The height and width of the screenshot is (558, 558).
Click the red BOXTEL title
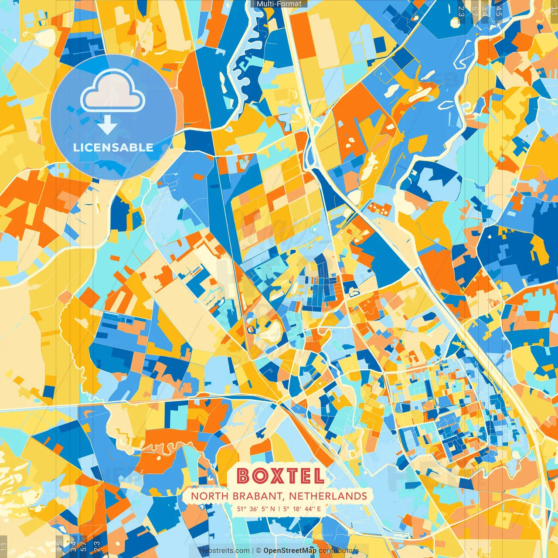pos(280,476)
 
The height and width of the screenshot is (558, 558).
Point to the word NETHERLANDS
pos(328,496)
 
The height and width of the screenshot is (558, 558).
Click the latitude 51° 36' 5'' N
pos(256,509)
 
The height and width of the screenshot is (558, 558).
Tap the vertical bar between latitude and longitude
pos(279,509)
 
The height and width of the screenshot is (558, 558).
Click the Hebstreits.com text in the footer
pos(224,551)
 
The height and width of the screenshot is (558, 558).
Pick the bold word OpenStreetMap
pos(290,551)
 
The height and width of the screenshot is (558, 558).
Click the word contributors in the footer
pos(339,551)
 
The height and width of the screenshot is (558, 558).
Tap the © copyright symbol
pos(259,551)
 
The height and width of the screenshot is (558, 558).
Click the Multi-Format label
pos(279,4)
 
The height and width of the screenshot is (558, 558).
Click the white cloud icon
pos(112,92)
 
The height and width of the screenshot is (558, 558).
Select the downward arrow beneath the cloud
pos(107,126)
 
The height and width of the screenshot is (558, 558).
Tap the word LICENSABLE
pos(113,147)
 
